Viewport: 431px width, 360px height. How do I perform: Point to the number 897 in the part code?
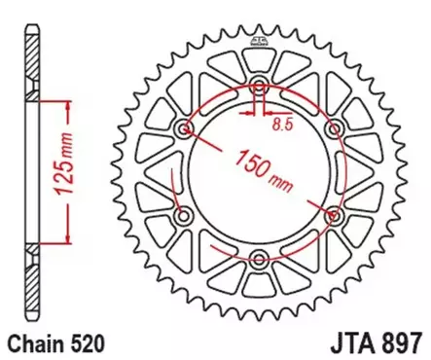(403, 343)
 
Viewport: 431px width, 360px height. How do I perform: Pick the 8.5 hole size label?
(280, 125)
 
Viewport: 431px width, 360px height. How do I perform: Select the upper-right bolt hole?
(334, 127)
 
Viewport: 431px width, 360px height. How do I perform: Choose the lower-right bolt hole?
(334, 214)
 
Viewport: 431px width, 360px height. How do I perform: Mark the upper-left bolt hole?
(185, 127)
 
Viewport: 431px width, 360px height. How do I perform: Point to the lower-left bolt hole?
(185, 214)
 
